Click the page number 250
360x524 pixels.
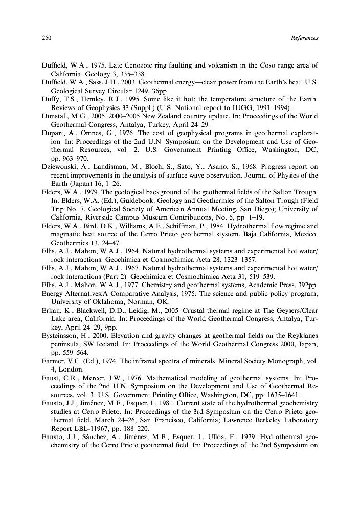[x=46, y=38]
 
